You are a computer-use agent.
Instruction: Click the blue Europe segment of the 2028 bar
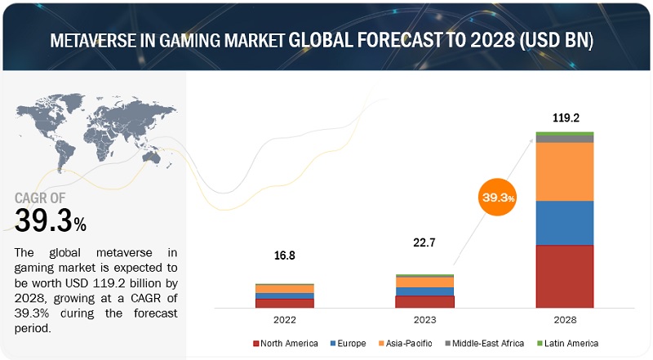565,223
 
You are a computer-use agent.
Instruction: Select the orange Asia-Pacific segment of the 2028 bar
565,171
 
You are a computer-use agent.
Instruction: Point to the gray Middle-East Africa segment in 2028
565,139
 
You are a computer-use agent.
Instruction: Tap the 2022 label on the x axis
285,321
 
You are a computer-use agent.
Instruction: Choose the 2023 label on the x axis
424,321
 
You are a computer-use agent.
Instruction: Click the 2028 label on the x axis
565,321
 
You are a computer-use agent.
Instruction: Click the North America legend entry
286,343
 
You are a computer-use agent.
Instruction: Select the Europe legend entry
350,343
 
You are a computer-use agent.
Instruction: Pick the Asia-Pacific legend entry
411,343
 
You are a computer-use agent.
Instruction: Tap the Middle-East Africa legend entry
487,343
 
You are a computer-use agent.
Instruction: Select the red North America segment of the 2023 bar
424,301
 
